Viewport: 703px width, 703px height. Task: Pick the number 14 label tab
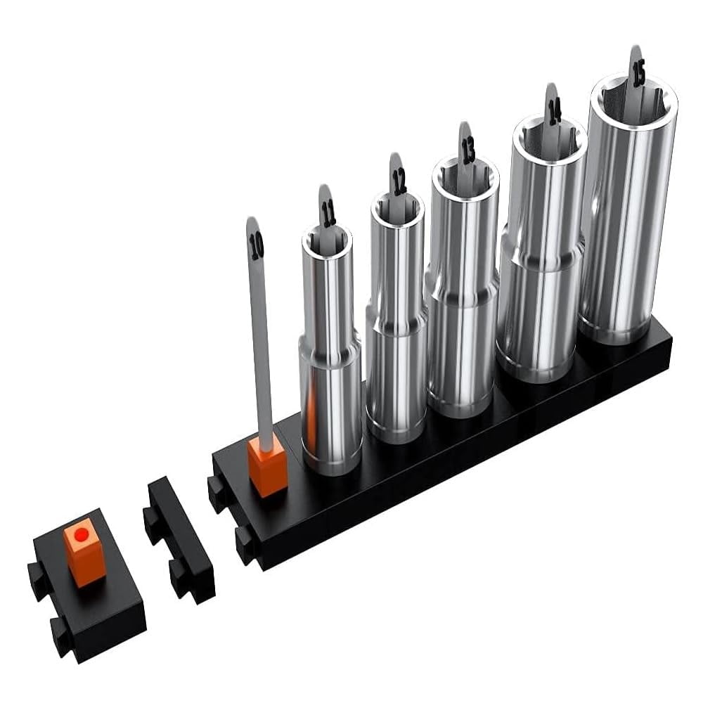[554, 110]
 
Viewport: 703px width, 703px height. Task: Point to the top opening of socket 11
[327, 239]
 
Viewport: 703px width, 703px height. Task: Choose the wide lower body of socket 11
[331, 408]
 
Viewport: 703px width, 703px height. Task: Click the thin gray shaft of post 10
[261, 351]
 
